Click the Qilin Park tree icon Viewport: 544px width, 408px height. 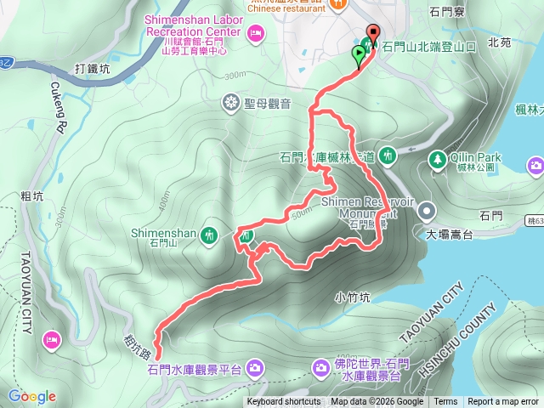(x=437, y=159)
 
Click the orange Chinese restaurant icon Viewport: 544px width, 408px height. (x=337, y=4)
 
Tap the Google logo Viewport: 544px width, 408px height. (x=32, y=396)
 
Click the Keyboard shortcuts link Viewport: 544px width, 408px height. (x=284, y=402)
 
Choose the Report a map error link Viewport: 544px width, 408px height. (x=503, y=402)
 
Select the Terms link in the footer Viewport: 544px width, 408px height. (x=445, y=402)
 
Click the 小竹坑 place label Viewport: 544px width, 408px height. (x=352, y=297)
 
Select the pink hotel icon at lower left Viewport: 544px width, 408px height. (x=50, y=340)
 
